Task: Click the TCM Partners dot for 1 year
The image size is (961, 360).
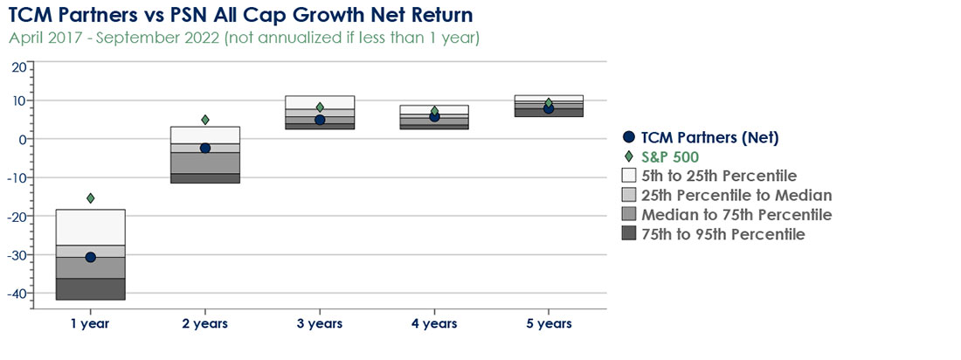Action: click(x=91, y=257)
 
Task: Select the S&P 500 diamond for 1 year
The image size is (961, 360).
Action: click(x=91, y=198)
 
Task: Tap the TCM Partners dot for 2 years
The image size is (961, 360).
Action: click(x=204, y=148)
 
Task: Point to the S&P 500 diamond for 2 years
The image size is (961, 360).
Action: click(x=205, y=120)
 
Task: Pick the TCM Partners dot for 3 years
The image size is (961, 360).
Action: click(x=319, y=120)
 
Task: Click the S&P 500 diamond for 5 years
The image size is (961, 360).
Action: click(x=549, y=102)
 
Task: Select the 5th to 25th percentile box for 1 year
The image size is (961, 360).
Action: click(x=91, y=227)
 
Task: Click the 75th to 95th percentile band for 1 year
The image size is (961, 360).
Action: click(x=91, y=289)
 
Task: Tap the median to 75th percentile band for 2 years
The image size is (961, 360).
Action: click(x=204, y=163)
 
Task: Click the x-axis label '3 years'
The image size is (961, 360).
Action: click(x=319, y=323)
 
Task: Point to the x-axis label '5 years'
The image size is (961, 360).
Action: click(x=549, y=323)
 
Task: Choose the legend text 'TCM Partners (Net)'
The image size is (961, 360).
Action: click(x=710, y=138)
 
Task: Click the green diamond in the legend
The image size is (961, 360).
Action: click(x=628, y=157)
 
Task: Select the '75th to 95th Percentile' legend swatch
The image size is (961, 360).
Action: click(x=628, y=233)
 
